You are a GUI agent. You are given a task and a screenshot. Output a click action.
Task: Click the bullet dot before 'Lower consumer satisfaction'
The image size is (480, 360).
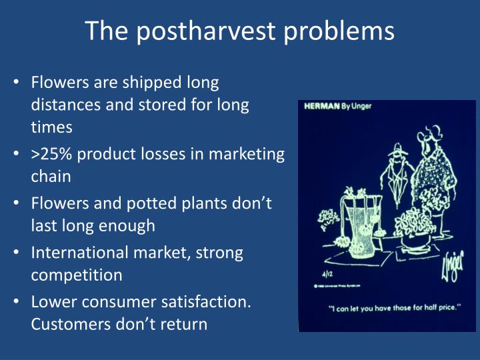click(17, 303)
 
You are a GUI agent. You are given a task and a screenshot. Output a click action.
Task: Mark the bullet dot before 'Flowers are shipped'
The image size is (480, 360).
click(17, 83)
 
